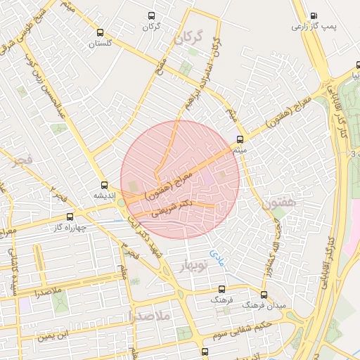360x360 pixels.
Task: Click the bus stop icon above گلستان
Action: (x=101, y=32)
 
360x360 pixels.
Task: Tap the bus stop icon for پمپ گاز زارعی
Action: (x=314, y=15)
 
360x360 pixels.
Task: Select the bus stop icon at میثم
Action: (x=240, y=139)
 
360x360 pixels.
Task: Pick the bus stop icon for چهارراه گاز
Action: (x=69, y=217)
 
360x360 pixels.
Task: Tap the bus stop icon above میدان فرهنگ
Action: (x=264, y=295)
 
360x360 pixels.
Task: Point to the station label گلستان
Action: (x=101, y=44)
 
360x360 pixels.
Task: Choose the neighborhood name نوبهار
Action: (x=194, y=266)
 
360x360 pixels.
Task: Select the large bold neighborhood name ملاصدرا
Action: (x=150, y=317)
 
